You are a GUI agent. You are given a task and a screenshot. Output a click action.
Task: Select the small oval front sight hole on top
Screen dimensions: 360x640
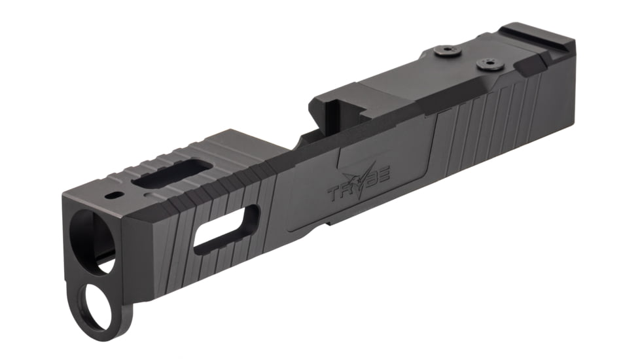coord(116,195)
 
